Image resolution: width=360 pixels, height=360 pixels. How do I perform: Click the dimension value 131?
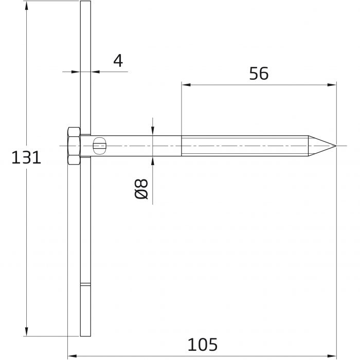[26, 157]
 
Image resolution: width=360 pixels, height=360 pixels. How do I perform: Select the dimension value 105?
[202, 345]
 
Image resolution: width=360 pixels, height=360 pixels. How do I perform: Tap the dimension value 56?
[259, 74]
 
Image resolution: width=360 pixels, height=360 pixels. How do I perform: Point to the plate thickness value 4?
[118, 60]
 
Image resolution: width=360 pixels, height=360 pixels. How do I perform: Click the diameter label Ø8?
[141, 189]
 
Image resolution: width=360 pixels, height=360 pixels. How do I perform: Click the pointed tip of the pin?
[336, 146]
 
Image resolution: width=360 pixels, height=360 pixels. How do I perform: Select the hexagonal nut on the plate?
[74, 146]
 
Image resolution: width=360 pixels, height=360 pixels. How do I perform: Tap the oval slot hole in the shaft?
[99, 146]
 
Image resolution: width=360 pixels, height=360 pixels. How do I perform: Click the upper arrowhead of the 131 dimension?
[26, 6]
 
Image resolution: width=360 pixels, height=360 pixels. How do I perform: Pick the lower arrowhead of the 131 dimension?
[26, 332]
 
